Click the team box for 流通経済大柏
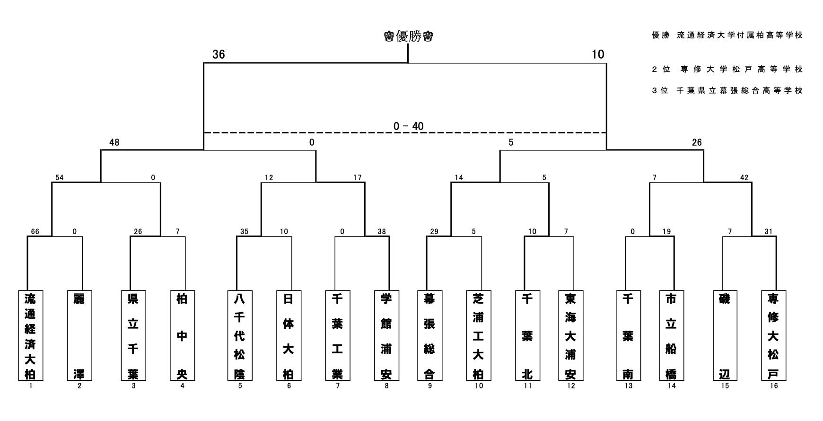click(30, 335)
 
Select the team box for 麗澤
click(79, 335)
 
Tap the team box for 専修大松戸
click(773, 335)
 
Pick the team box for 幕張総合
click(429, 335)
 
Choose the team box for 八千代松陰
click(239, 335)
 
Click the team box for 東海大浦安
click(570, 335)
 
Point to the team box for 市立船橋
click(671, 335)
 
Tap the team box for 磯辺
click(725, 335)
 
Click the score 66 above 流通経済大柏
click(35, 232)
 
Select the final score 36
click(219, 54)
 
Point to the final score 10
click(598, 54)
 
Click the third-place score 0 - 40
click(409, 126)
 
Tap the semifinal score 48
click(114, 142)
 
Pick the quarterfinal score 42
click(744, 178)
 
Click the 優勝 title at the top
click(409, 36)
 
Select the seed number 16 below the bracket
click(774, 386)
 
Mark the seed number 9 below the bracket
click(430, 386)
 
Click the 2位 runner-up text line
click(727, 70)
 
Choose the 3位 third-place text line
click(727, 91)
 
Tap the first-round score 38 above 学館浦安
click(382, 232)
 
